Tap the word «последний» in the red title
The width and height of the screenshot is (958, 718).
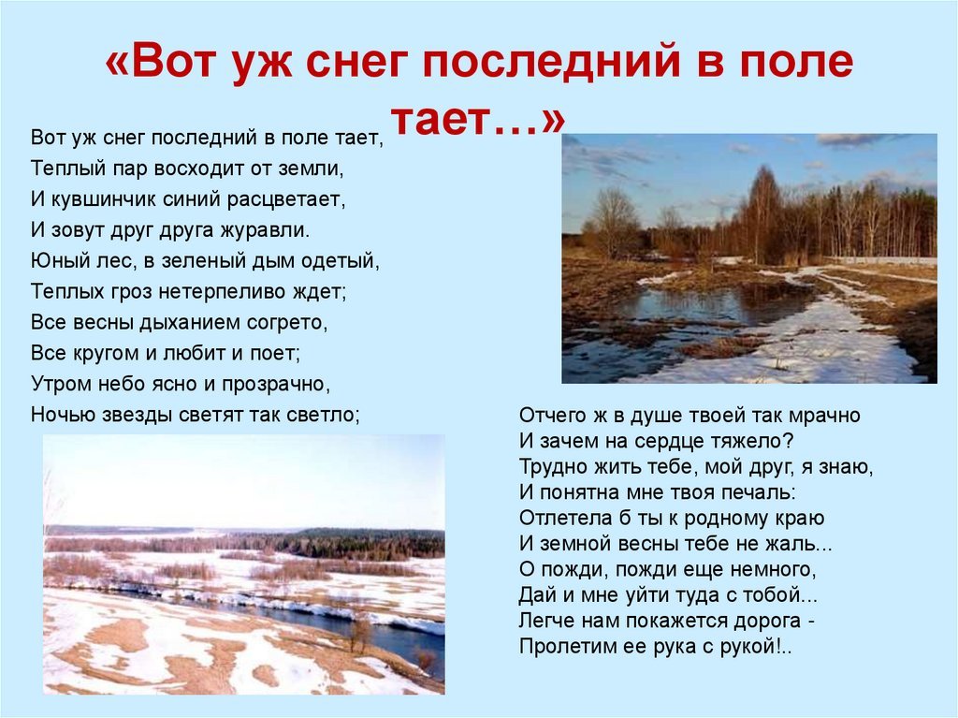click(x=551, y=61)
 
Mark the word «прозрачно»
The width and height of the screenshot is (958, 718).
click(x=276, y=384)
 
